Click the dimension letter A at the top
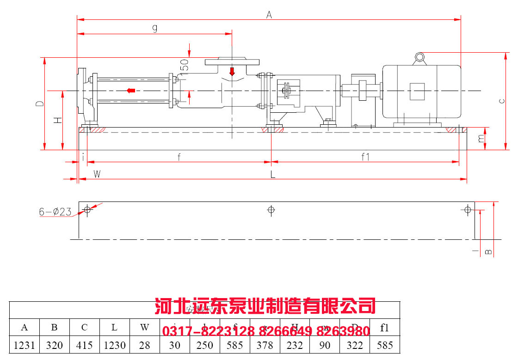tap(269, 14)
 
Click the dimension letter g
tap(155, 28)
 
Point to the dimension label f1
tap(365, 157)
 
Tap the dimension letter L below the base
tap(273, 174)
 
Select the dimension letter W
tap(97, 174)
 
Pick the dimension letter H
tap(57, 120)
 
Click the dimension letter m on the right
tap(482, 138)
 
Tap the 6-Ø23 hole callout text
tap(55, 212)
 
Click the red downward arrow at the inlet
tap(232, 72)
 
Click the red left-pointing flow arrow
tap(131, 90)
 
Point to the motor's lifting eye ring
tap(419, 57)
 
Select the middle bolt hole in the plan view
tap(271, 210)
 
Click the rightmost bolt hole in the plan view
tap(468, 210)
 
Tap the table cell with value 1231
tap(25, 345)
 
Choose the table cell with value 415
tap(84, 345)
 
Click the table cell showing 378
tap(265, 345)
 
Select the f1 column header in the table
tap(384, 328)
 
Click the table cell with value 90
tap(325, 345)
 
